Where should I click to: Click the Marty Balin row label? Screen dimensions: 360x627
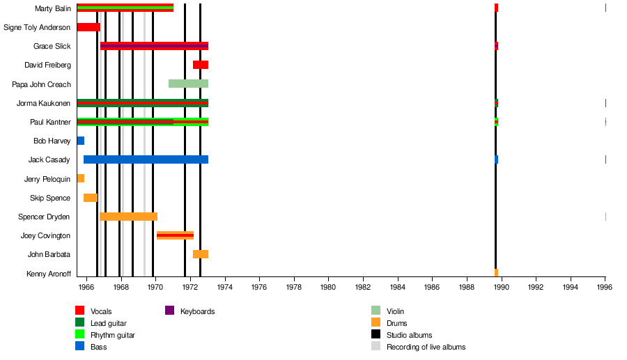point(52,8)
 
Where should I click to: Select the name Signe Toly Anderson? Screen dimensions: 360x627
point(37,27)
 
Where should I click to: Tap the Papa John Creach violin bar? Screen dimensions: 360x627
point(188,84)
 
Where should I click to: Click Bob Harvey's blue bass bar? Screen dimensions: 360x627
point(81,141)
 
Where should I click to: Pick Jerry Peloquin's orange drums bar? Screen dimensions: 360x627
point(81,178)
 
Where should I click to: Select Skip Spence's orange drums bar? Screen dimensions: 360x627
point(90,198)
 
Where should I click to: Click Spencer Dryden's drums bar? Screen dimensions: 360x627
point(129,217)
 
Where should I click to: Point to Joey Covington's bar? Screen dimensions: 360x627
point(175,235)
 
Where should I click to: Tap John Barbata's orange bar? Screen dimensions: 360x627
point(201,254)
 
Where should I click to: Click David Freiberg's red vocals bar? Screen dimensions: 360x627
point(201,65)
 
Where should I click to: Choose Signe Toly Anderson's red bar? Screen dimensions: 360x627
point(88,27)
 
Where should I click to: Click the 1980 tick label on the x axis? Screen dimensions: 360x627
point(328,286)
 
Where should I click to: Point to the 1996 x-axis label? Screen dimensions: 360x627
point(605,286)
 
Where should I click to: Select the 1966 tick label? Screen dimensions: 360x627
point(86,286)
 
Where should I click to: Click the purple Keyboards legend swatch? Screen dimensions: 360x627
point(169,311)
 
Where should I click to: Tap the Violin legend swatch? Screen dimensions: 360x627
point(376,311)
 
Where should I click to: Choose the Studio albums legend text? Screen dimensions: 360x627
point(409,335)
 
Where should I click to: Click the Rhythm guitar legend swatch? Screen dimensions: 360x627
point(79,335)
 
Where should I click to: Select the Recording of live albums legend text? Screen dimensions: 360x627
point(426,347)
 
